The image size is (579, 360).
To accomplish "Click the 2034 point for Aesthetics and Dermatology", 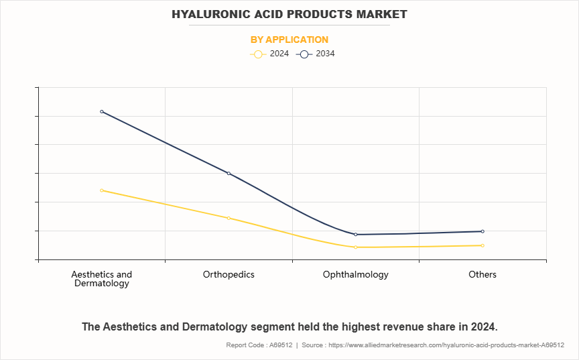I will point(102,111).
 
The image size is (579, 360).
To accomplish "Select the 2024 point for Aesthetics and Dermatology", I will point(102,190).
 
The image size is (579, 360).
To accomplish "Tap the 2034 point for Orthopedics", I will point(229,174).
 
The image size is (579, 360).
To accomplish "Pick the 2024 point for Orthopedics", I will point(229,218).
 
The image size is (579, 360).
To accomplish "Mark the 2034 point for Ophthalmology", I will point(356,235).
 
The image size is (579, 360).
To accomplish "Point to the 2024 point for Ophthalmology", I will point(356,247).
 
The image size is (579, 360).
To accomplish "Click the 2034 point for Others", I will point(482,231).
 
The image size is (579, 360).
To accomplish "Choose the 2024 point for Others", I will point(482,245).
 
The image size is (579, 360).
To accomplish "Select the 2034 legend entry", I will point(316,54).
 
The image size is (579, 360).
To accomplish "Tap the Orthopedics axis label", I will point(229,275).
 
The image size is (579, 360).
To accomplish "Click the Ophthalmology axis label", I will point(356,275).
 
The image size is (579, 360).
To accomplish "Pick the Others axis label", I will point(482,275).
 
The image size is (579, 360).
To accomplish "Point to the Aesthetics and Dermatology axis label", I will point(102,279).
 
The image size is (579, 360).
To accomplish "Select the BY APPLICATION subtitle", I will point(289,40).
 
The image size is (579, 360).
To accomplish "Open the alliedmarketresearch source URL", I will point(448,345).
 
